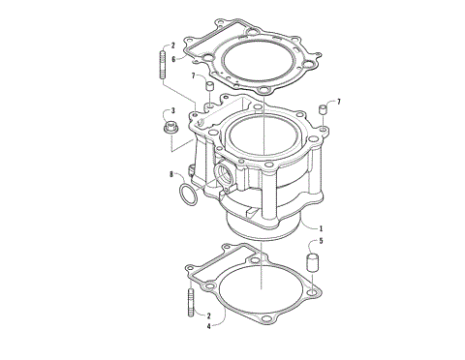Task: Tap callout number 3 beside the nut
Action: coord(171,111)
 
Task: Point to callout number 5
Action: coord(322,241)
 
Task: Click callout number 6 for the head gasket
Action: coord(172,58)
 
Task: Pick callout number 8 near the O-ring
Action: coord(170,175)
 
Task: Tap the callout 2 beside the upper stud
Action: coord(172,45)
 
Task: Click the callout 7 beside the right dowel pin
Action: coord(339,101)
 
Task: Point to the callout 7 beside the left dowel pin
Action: coord(193,75)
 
